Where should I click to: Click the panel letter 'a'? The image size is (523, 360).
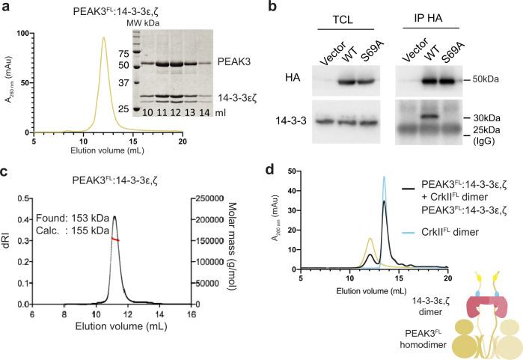click(x=6, y=8)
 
